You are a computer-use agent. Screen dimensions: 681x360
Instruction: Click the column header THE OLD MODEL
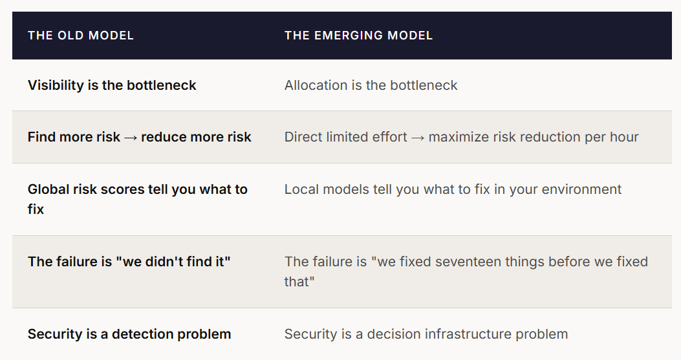[x=80, y=35]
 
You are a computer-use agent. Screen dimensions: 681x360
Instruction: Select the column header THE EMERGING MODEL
[x=358, y=35]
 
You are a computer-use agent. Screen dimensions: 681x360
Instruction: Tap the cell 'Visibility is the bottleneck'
[x=112, y=85]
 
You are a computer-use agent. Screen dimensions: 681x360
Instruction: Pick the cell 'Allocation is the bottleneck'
[x=371, y=85]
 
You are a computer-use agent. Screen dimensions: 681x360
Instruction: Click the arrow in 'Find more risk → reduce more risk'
[x=131, y=138]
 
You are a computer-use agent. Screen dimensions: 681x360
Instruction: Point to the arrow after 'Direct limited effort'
[x=418, y=138]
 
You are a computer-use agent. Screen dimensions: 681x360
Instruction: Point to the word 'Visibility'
[x=56, y=85]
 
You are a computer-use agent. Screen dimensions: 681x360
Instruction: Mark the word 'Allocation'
[x=316, y=85]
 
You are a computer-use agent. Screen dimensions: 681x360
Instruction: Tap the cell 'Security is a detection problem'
[x=129, y=334]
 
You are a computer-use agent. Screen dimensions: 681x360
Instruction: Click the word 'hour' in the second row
[x=624, y=137]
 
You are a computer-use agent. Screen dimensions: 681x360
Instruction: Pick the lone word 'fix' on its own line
[x=36, y=209]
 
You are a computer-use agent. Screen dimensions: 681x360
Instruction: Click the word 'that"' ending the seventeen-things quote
[x=299, y=281]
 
